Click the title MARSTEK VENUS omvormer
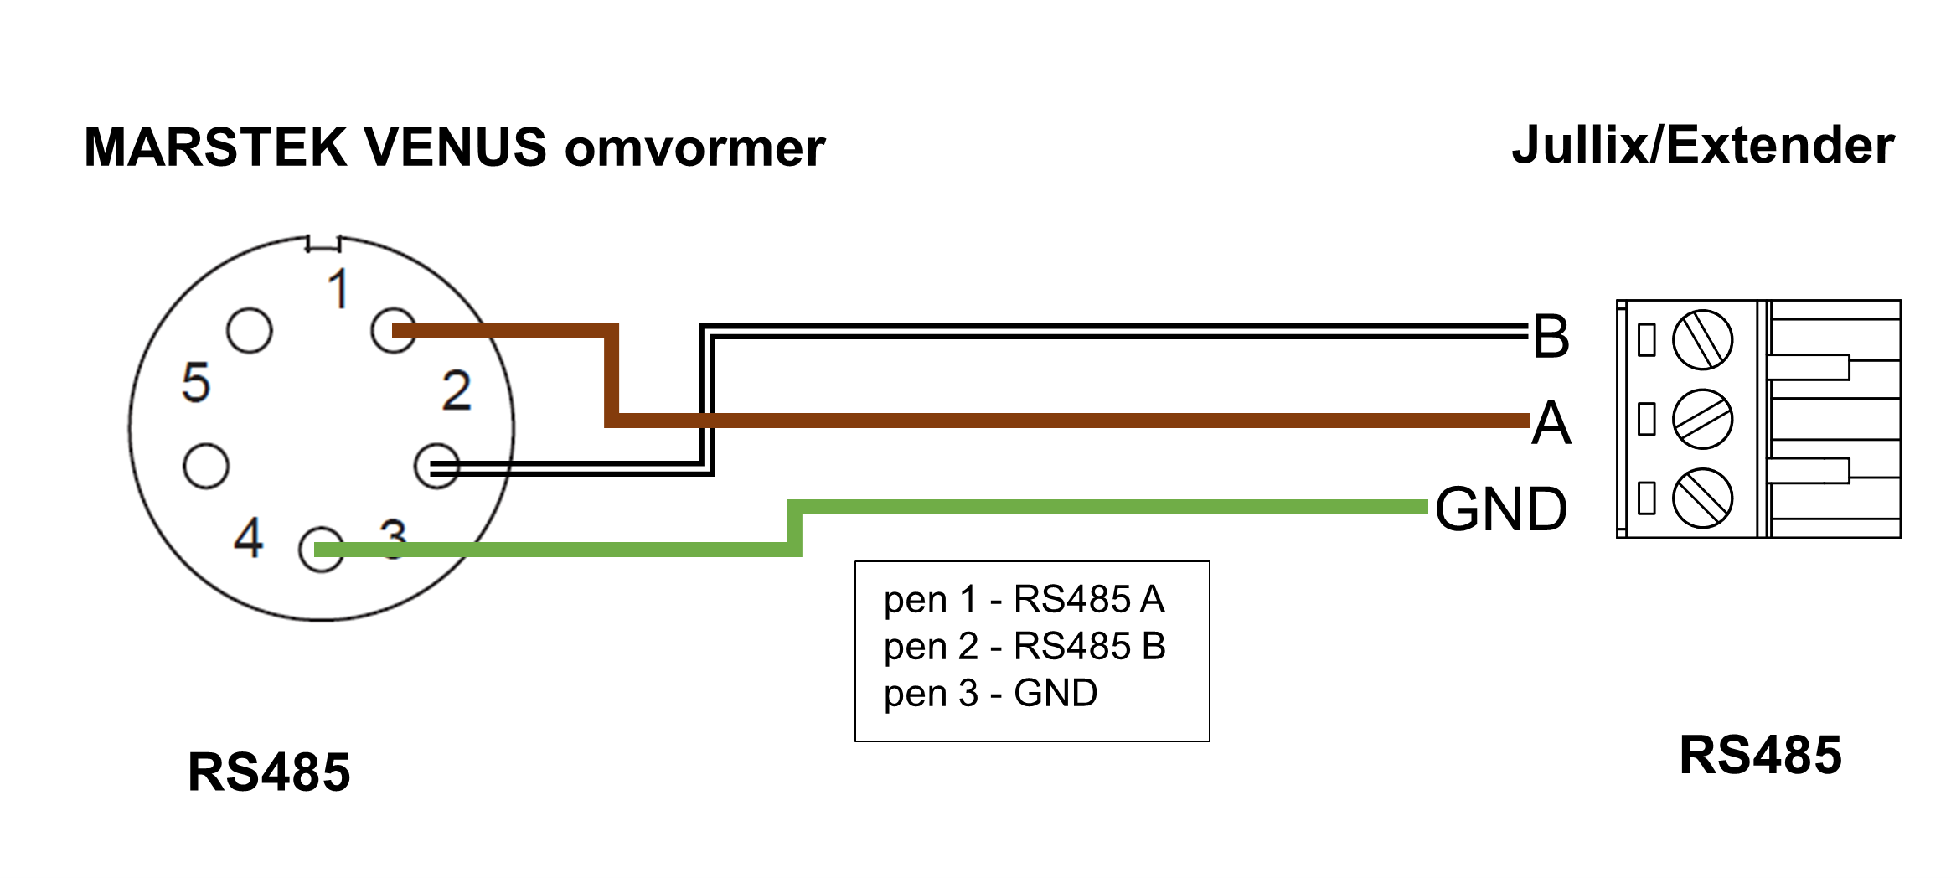coord(454,147)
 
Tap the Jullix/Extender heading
coord(1702,145)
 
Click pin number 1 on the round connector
coord(338,289)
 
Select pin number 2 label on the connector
coord(457,390)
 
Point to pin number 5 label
coord(196,383)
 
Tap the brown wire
coord(1005,420)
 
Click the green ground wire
coord(1089,507)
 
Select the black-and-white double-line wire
coord(1089,331)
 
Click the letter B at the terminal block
coord(1551,337)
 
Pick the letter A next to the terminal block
coord(1551,422)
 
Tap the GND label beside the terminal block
coord(1500,509)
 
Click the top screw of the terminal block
coord(1702,339)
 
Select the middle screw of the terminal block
coord(1702,419)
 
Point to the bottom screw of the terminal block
coord(1702,498)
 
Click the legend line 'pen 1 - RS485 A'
coord(1024,599)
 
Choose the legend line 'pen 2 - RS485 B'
coord(1024,646)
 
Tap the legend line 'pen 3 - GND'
coord(990,693)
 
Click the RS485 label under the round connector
coord(269,772)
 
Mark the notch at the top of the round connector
coord(323,244)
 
